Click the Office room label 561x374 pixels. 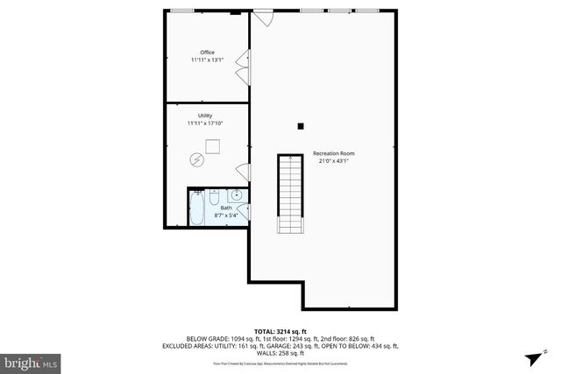[x=207, y=53]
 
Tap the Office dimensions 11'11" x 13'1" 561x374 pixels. [x=207, y=60]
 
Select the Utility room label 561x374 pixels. [x=205, y=116]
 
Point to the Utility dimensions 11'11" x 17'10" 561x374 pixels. [x=205, y=123]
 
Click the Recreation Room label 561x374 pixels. [x=333, y=153]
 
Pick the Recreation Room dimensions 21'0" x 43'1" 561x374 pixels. [x=333, y=161]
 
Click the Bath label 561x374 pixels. [x=214, y=208]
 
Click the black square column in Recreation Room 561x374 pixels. [x=300, y=126]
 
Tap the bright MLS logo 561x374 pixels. [x=31, y=360]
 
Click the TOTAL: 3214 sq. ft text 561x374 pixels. [x=280, y=331]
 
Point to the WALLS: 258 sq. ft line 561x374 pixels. [x=280, y=353]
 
